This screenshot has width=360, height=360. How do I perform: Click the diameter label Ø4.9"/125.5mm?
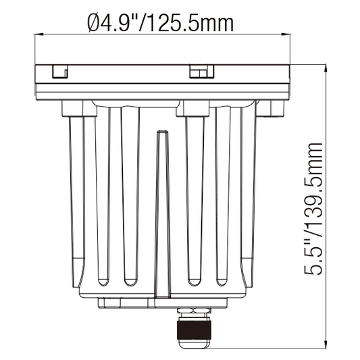[x=161, y=23]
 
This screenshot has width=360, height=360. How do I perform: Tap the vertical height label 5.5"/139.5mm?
[x=313, y=209]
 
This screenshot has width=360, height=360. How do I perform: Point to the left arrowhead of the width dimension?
[x=38, y=34]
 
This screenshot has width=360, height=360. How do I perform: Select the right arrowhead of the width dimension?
[x=286, y=34]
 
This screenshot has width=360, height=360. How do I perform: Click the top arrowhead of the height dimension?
[x=326, y=69]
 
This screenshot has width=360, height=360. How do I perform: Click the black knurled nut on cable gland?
[x=195, y=330]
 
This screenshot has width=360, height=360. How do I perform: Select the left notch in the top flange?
[x=60, y=72]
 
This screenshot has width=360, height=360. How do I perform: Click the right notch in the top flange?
[x=201, y=72]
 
